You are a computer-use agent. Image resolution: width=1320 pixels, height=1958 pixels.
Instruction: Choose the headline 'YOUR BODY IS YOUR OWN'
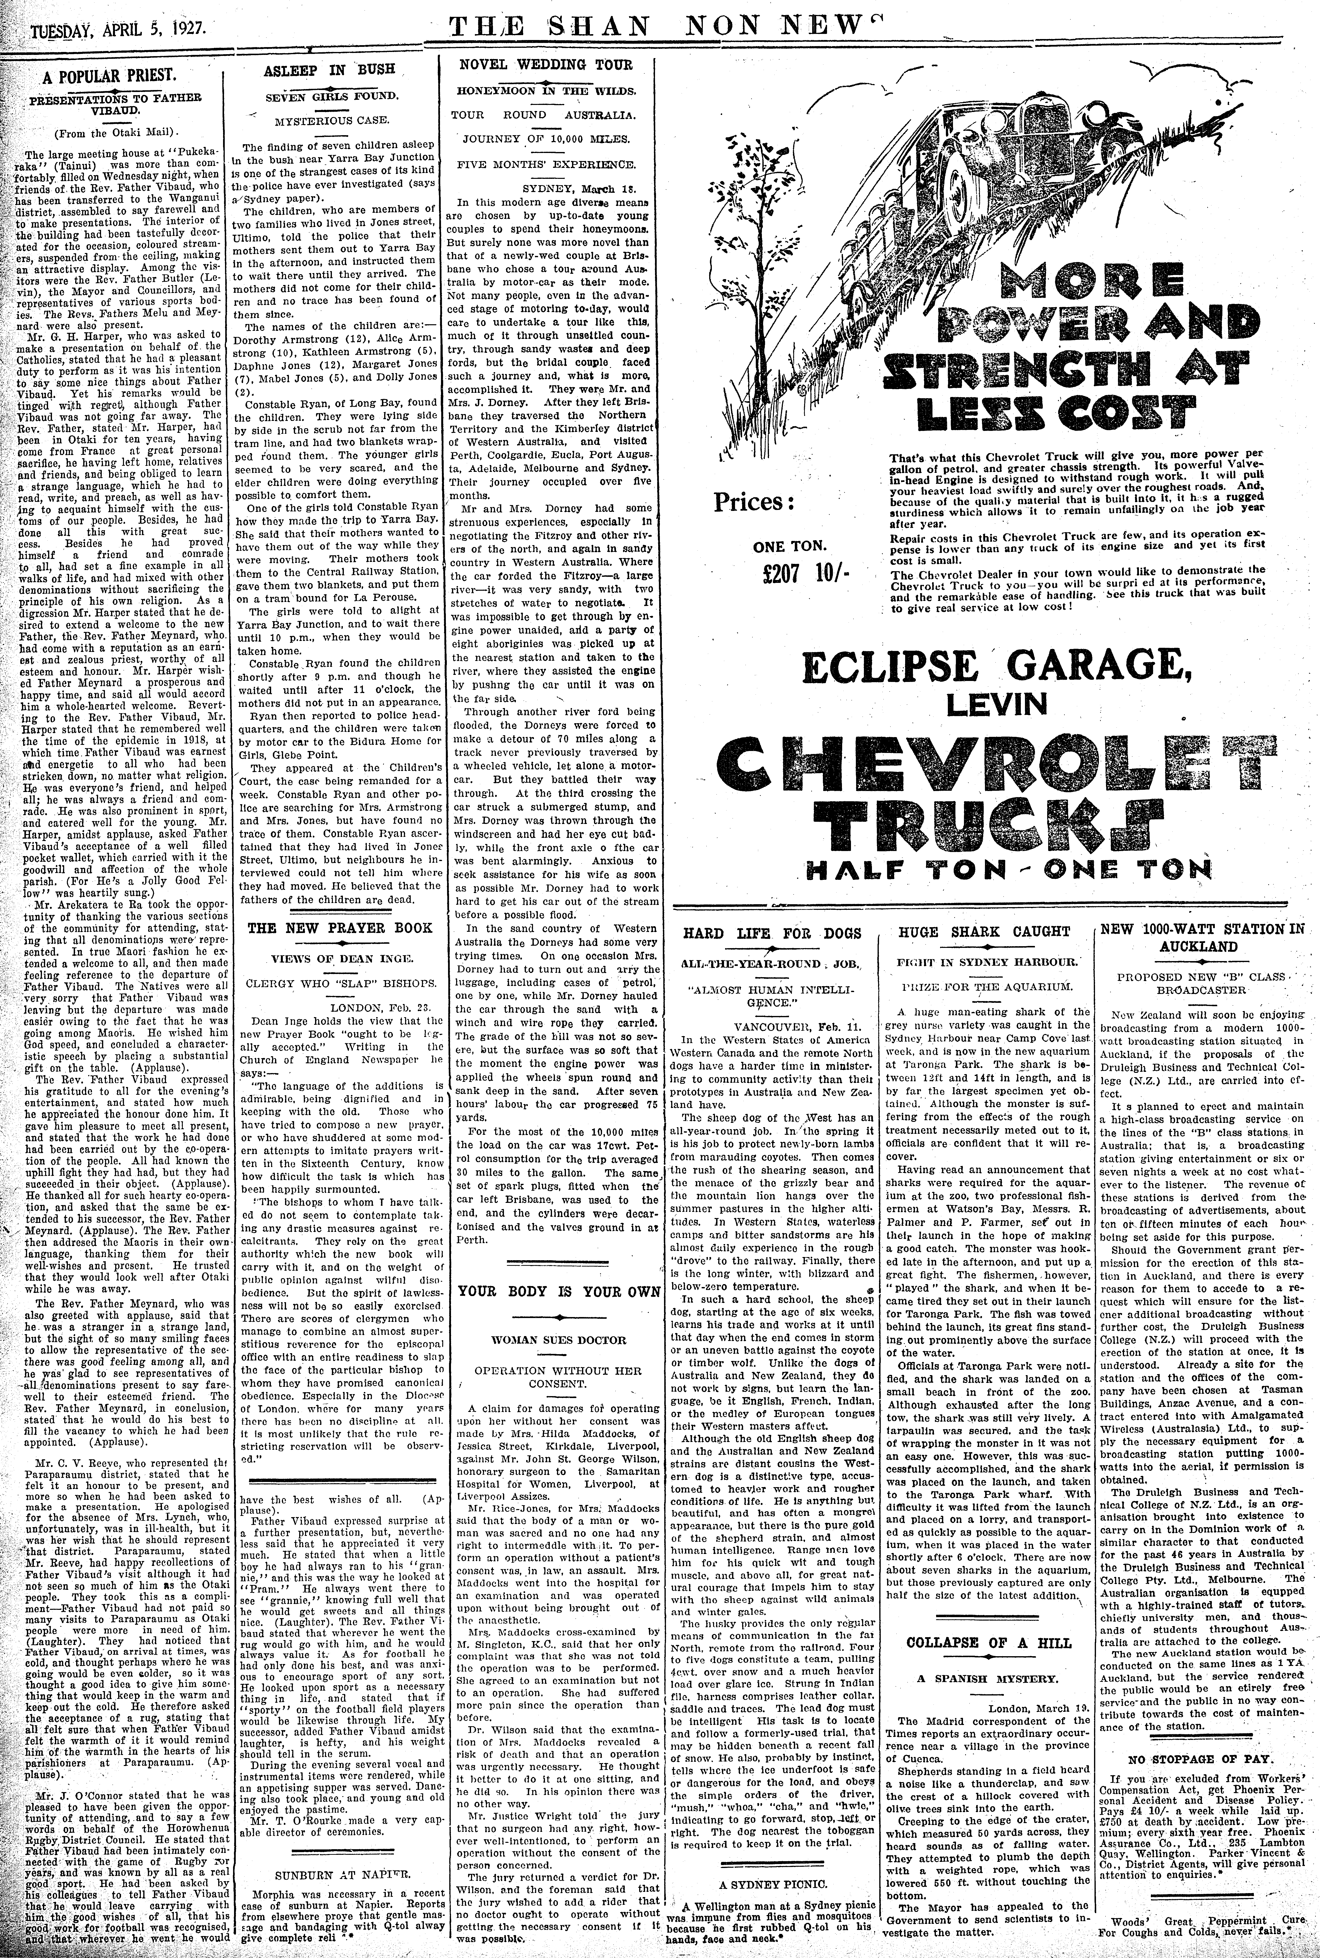[553, 1291]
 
